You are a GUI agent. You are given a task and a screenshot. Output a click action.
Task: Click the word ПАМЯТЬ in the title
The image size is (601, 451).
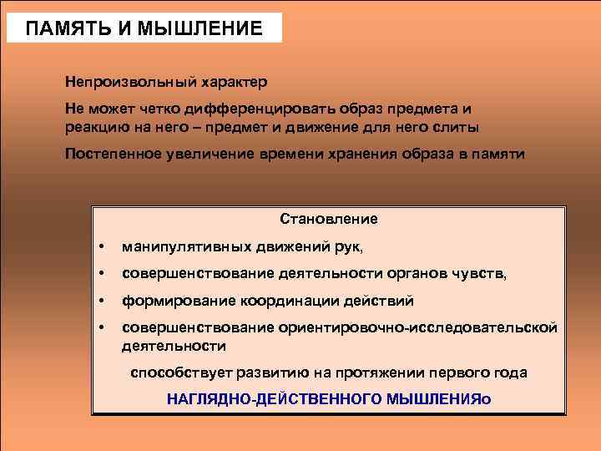click(66, 28)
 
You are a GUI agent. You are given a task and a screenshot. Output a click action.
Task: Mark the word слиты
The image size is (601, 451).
click(460, 127)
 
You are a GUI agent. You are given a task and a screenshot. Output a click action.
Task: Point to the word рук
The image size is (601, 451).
click(350, 247)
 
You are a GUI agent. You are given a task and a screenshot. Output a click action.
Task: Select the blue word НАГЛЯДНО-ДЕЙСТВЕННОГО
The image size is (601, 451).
click(274, 399)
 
